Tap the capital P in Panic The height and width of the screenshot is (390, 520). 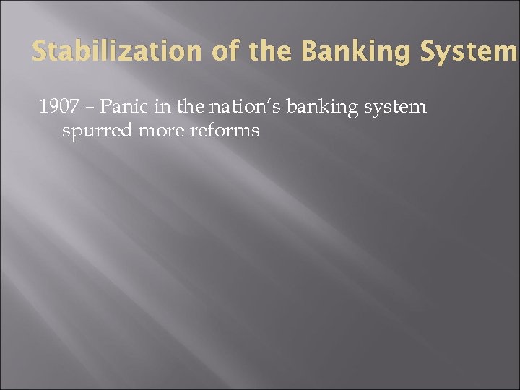105,108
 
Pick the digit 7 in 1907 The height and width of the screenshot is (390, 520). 73,108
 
